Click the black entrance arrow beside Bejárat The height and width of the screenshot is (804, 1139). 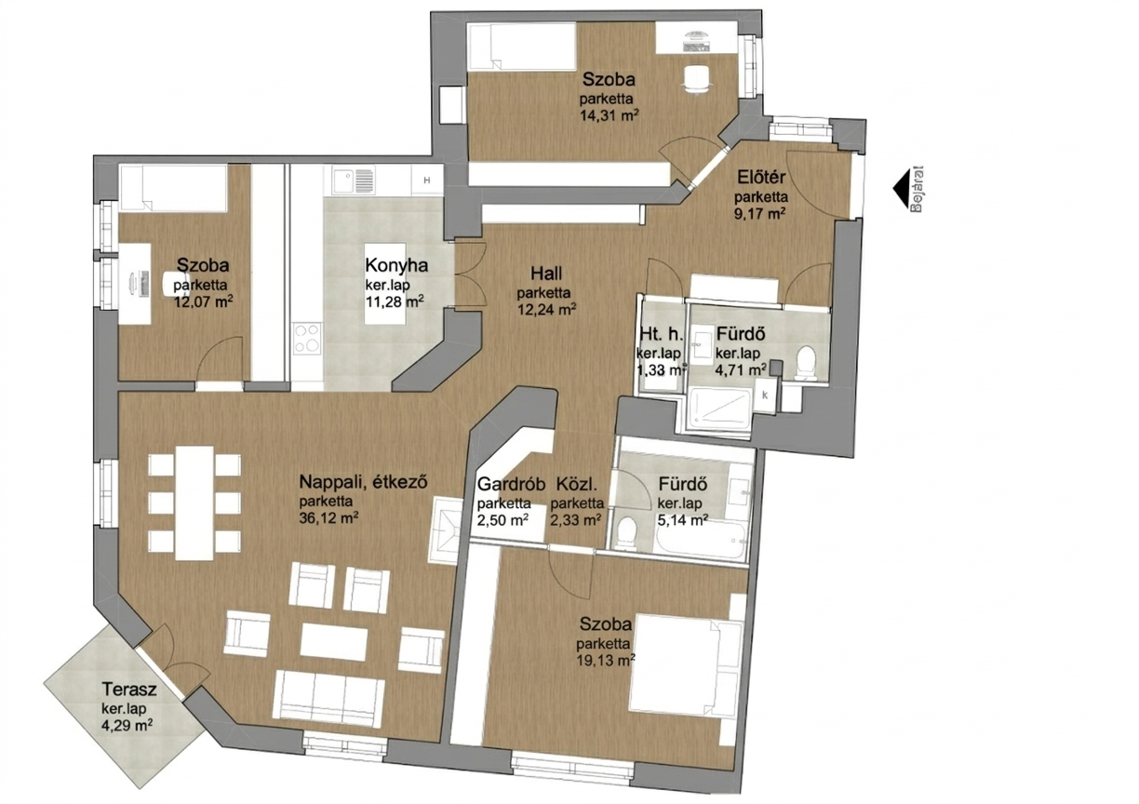point(901,189)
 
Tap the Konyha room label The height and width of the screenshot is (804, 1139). point(396,265)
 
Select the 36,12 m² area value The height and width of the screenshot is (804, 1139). point(329,518)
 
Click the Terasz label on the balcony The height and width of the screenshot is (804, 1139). point(129,690)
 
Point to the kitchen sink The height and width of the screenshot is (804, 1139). point(354,180)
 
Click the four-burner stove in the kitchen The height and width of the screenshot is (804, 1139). point(308,340)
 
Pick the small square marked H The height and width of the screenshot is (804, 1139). point(427,180)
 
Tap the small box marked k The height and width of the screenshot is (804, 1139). point(765,395)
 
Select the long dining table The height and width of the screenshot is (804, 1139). point(194,502)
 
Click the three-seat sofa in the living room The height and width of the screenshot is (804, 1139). point(328,701)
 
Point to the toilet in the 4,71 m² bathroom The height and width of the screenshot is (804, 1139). point(806,363)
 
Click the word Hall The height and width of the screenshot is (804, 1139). point(546,274)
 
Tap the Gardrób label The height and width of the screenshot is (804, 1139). point(511,484)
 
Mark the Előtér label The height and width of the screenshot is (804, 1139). point(762,178)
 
